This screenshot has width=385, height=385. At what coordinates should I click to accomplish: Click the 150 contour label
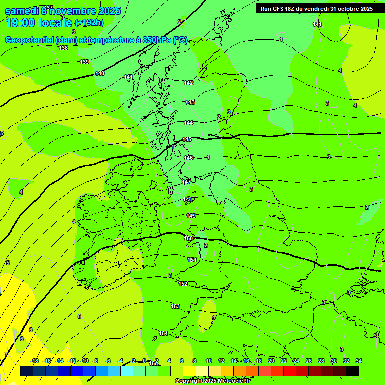(x=189, y=238)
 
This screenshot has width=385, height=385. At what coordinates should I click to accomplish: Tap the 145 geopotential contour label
(x=187, y=140)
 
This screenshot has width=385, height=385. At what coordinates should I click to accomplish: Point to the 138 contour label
(x=63, y=48)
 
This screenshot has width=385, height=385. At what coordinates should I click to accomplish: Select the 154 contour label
(x=163, y=333)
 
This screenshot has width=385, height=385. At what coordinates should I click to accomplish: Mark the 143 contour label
(x=190, y=102)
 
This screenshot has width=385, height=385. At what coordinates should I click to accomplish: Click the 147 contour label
(x=187, y=182)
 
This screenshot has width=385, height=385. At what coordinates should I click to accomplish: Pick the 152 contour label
(x=183, y=284)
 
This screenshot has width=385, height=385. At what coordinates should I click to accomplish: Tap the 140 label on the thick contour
(x=100, y=73)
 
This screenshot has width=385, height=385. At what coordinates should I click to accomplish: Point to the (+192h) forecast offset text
(x=89, y=23)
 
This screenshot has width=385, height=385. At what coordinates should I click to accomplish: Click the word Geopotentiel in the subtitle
(x=29, y=40)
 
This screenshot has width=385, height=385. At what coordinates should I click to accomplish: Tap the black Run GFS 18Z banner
(x=317, y=9)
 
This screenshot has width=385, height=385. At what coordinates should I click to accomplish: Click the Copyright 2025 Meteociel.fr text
(x=213, y=381)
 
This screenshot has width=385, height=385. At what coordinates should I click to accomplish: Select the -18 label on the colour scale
(x=35, y=361)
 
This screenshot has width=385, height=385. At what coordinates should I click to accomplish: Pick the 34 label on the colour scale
(x=359, y=361)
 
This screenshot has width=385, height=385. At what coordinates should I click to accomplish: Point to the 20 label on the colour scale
(x=271, y=361)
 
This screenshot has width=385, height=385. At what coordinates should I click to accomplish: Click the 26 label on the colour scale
(x=309, y=361)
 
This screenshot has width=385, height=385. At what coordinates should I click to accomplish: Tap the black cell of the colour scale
(x=352, y=371)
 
